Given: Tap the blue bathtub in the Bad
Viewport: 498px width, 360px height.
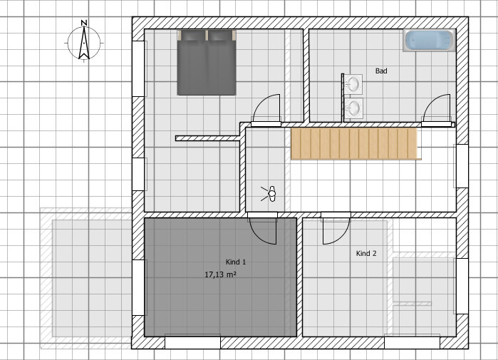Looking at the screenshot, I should [x=429, y=41].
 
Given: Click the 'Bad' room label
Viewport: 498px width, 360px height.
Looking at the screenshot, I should [x=381, y=71].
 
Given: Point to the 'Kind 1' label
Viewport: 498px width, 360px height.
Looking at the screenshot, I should [x=236, y=262].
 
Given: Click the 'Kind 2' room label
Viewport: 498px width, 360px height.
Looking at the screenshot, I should [x=366, y=253].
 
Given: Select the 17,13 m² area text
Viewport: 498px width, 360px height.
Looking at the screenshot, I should [x=220, y=274].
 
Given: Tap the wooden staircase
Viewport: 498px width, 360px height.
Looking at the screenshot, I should [x=353, y=143].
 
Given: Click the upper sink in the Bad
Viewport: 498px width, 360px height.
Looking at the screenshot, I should [x=353, y=84].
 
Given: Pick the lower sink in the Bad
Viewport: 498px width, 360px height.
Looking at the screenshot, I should [x=353, y=108].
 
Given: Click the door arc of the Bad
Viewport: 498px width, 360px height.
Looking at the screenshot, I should [x=436, y=110].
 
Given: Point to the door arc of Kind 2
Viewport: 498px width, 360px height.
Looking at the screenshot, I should [x=336, y=229].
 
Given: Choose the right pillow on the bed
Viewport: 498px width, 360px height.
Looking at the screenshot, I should [x=221, y=35].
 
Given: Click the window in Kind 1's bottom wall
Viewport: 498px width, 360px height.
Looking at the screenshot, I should [x=192, y=343].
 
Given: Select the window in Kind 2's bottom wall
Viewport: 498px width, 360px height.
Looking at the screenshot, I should [x=412, y=343].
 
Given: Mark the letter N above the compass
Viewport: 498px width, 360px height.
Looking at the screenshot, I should [x=83, y=24].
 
